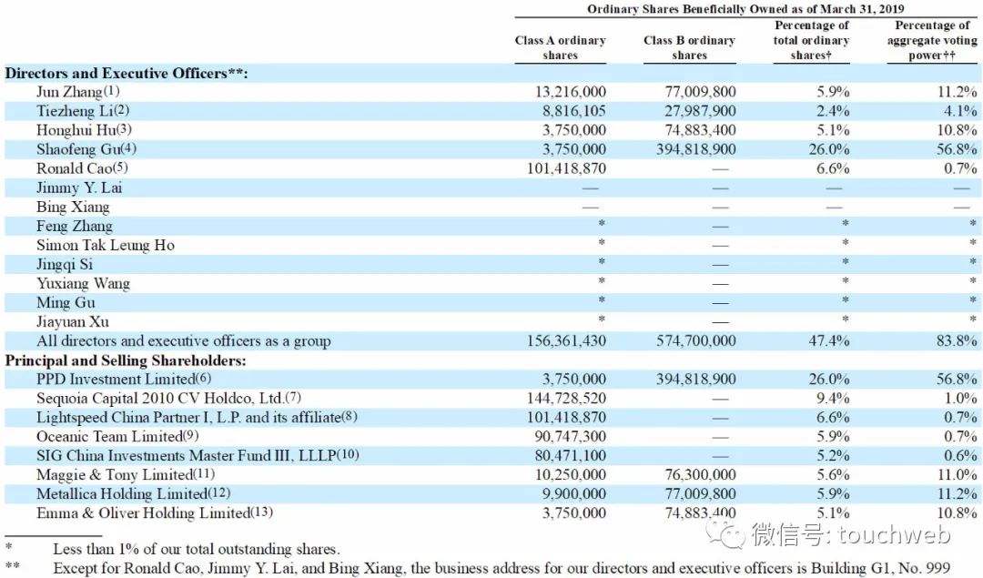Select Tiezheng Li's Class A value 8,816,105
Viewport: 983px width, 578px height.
[x=566, y=111]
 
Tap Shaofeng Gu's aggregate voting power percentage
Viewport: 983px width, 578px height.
[x=953, y=149]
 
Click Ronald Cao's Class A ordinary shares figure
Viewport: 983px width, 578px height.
[x=566, y=168]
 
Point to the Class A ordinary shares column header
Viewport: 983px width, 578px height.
[x=560, y=47]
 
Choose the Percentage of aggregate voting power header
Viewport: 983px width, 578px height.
[x=932, y=40]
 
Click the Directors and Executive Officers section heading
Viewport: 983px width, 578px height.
[x=127, y=73]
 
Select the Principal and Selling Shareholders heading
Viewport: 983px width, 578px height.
[x=126, y=360]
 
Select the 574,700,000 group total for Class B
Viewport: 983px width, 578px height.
[x=695, y=341]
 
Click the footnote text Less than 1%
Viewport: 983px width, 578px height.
[x=196, y=549]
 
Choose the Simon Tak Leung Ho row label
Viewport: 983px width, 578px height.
[x=106, y=245]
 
